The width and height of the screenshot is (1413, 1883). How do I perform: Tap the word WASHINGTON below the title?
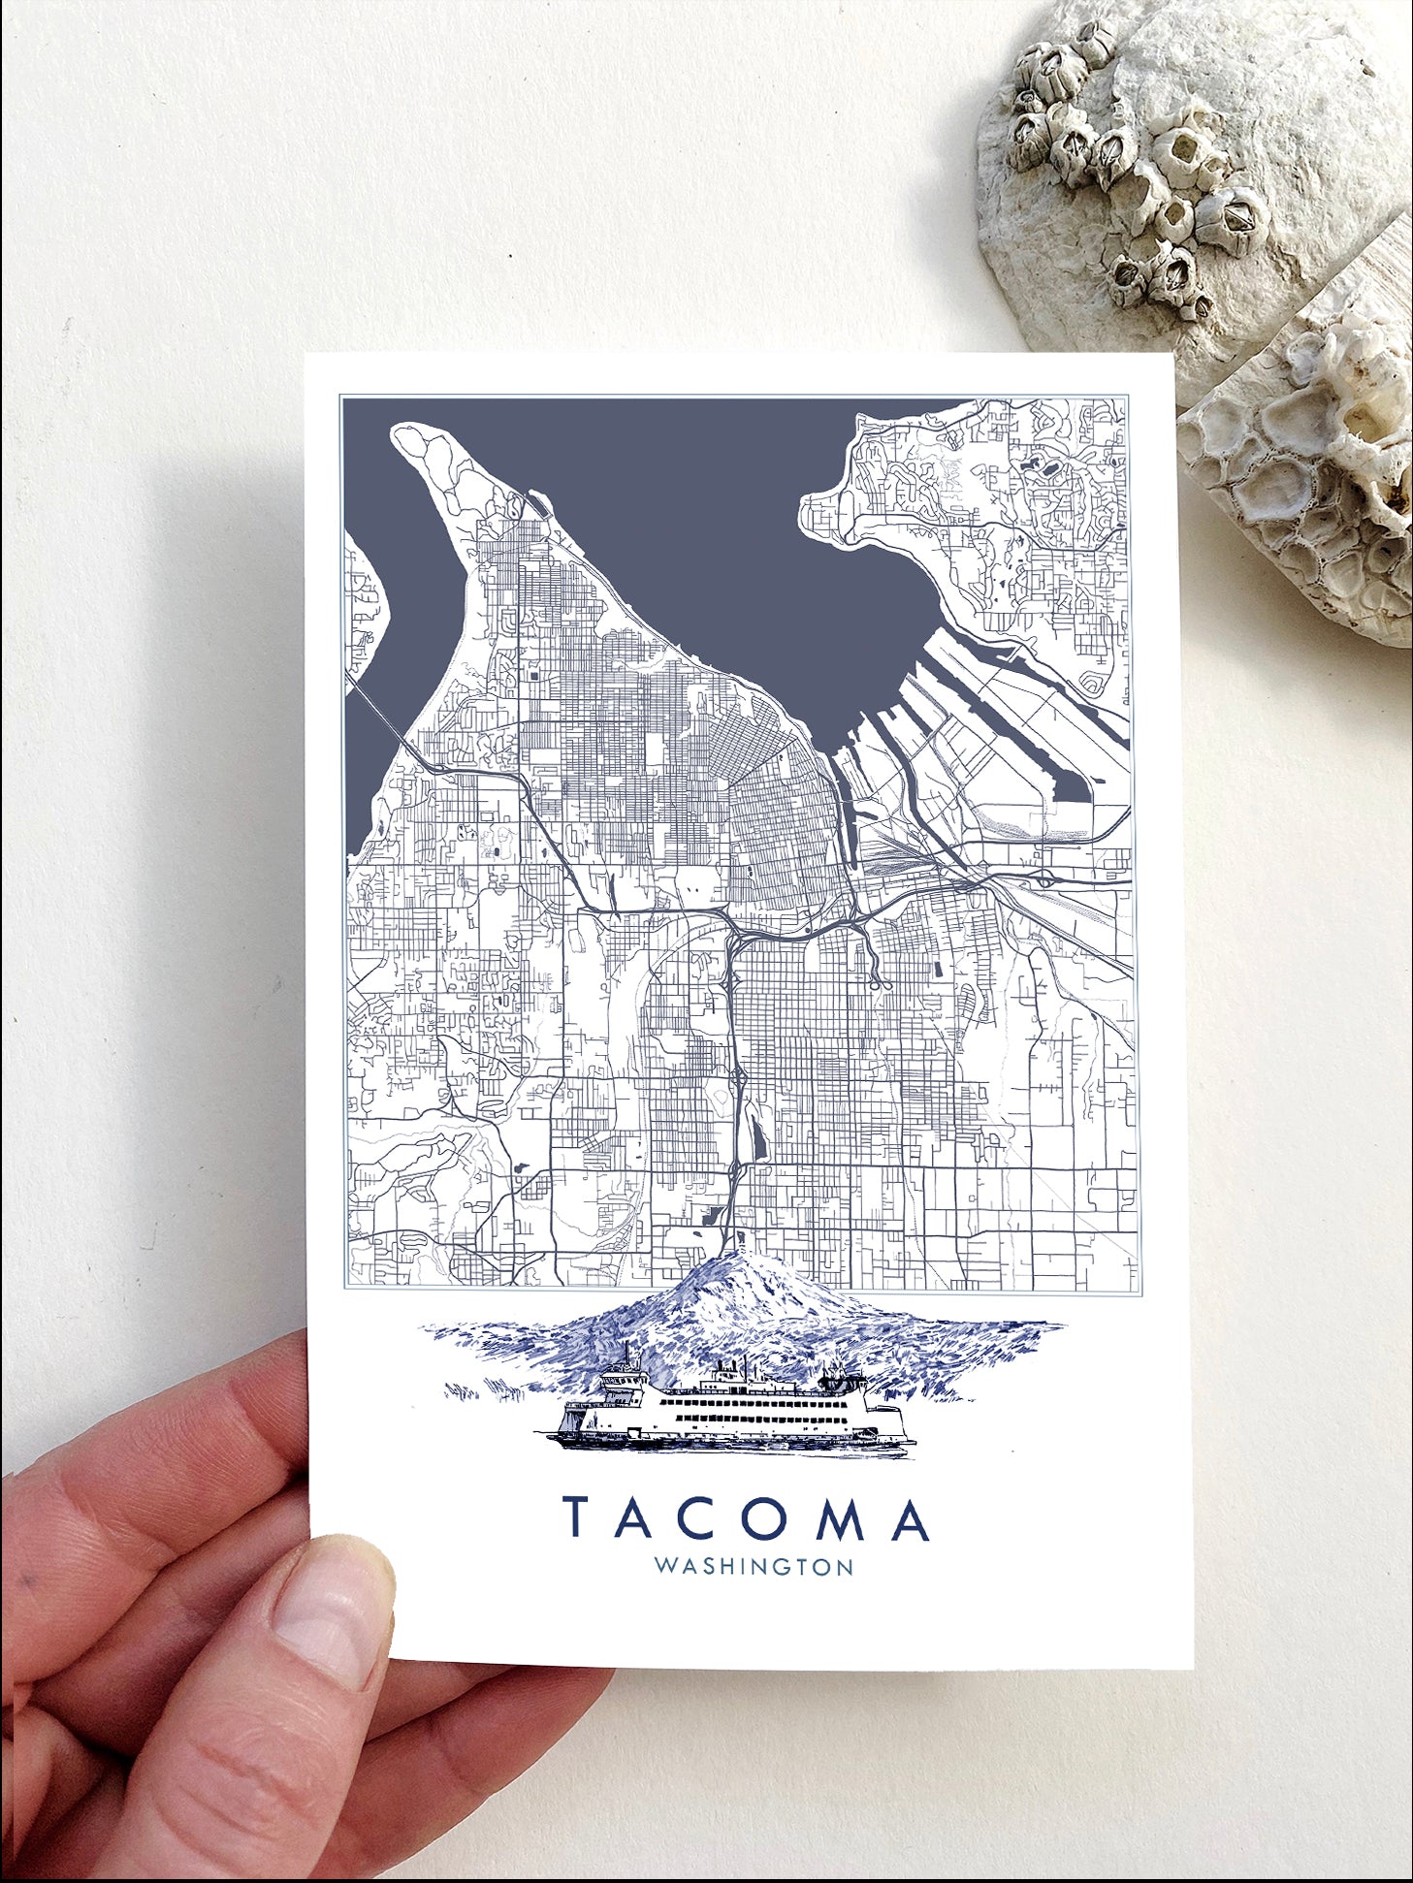(x=754, y=1567)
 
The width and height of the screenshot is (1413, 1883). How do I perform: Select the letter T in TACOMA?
(x=580, y=1519)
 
